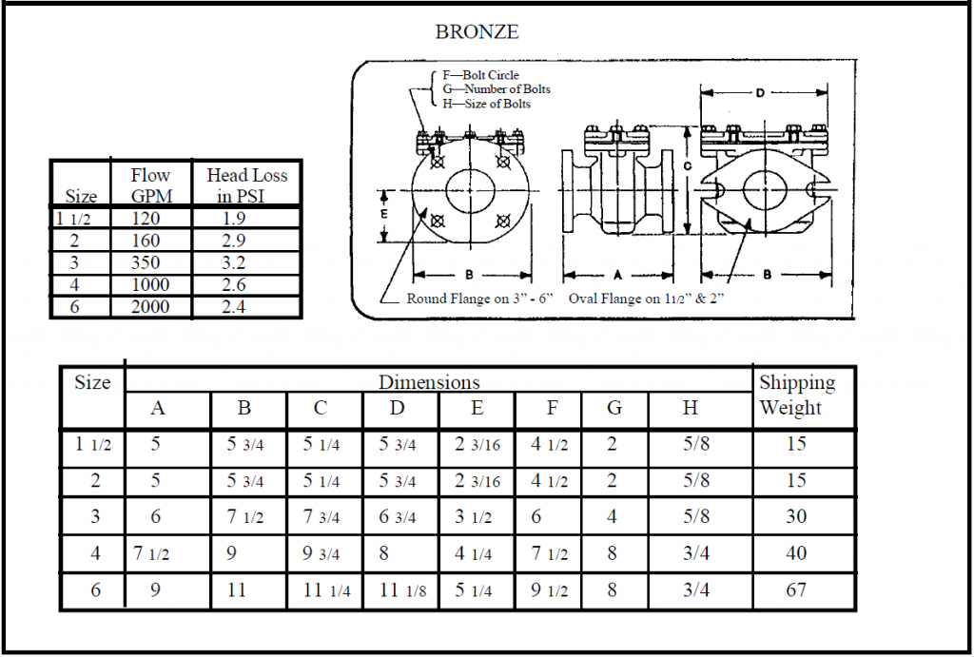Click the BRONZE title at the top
[x=477, y=31]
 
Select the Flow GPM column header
[x=150, y=185]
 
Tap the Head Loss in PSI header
[x=246, y=185]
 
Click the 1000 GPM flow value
[x=150, y=284]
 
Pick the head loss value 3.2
[x=233, y=262]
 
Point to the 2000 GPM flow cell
[x=150, y=306]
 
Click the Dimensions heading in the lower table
[x=429, y=382]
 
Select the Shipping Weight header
[x=796, y=395]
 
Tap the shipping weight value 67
[x=796, y=589]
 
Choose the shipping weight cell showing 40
[x=796, y=552]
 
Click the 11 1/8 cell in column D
[x=403, y=589]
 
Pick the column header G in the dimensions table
[x=614, y=408]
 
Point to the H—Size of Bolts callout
[x=486, y=103]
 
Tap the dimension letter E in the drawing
[x=384, y=214]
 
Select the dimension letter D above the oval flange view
[x=760, y=93]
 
